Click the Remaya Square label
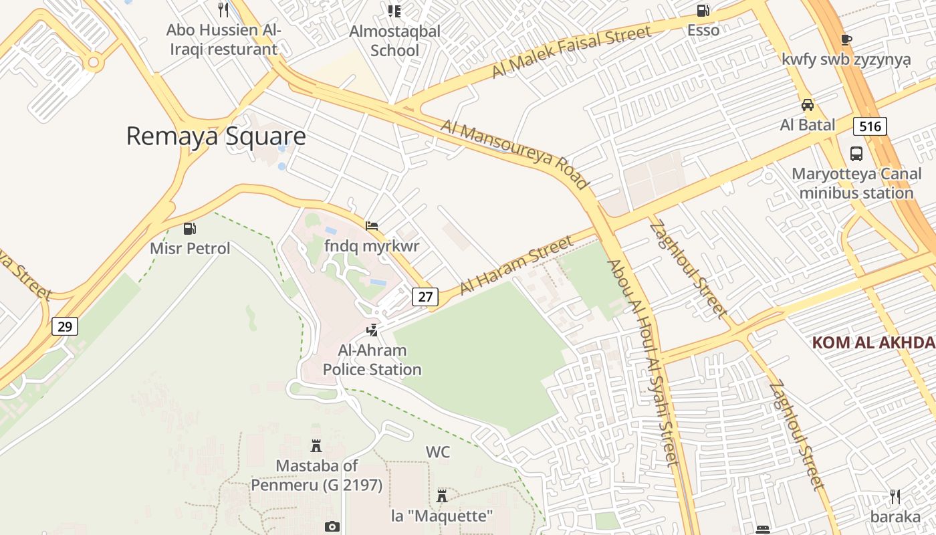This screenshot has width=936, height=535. pyautogui.click(x=216, y=136)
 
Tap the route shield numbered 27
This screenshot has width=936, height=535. pyautogui.click(x=425, y=296)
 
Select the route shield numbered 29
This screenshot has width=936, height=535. pyautogui.click(x=65, y=326)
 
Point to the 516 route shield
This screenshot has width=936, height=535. pyautogui.click(x=869, y=126)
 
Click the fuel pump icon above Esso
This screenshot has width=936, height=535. pyautogui.click(x=703, y=11)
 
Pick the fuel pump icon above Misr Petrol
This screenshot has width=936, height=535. pyautogui.click(x=190, y=229)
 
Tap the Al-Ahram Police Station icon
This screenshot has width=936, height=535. pyautogui.click(x=372, y=330)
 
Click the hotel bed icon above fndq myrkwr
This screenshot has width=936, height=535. pyautogui.click(x=372, y=226)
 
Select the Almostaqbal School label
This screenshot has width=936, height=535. pyautogui.click(x=394, y=41)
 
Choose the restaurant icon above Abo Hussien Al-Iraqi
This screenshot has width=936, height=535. pyautogui.click(x=223, y=10)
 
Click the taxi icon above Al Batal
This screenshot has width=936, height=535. pyautogui.click(x=808, y=105)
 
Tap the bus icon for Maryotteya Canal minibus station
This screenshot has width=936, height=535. pyautogui.click(x=856, y=153)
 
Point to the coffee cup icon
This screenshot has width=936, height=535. pyautogui.click(x=846, y=39)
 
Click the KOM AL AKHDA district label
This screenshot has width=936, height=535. pyautogui.click(x=873, y=343)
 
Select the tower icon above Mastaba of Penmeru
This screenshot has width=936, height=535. pyautogui.click(x=316, y=445)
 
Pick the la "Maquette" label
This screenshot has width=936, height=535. pyautogui.click(x=442, y=516)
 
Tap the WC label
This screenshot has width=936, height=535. pyautogui.click(x=438, y=452)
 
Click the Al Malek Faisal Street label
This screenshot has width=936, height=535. pyautogui.click(x=572, y=51)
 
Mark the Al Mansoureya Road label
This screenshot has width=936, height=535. pyautogui.click(x=515, y=154)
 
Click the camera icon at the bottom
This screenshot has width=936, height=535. pyautogui.click(x=332, y=527)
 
